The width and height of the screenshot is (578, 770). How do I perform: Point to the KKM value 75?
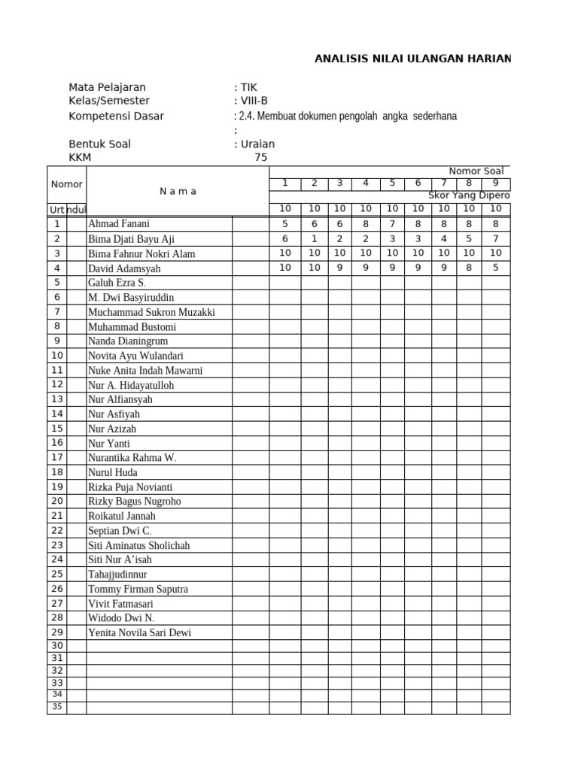coord(260,157)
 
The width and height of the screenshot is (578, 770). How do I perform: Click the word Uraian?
coord(257,144)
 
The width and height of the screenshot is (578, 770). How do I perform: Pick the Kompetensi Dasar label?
coord(116,116)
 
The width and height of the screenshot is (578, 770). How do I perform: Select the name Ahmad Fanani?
coord(119,224)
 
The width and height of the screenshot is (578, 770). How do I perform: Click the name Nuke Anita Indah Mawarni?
coord(145,371)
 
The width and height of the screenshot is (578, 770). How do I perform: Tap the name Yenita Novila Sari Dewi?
coord(139,632)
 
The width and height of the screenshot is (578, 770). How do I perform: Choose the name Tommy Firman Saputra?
coord(138,589)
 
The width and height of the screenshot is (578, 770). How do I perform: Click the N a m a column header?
coord(178,191)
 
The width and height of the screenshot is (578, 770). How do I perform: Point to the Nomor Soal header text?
coord(476,171)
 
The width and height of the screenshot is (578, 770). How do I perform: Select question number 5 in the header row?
coord(391,183)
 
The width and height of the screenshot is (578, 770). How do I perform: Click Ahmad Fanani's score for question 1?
coord(285,223)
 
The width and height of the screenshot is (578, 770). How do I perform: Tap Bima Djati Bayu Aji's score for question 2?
coord(314,238)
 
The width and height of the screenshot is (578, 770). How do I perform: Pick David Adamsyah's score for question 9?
coord(495,268)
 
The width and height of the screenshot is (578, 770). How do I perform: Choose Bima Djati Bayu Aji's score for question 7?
coord(444,238)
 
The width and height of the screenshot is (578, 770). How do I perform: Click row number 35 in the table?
coord(56,707)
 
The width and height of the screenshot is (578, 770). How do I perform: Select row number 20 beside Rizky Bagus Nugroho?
coord(56,501)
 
